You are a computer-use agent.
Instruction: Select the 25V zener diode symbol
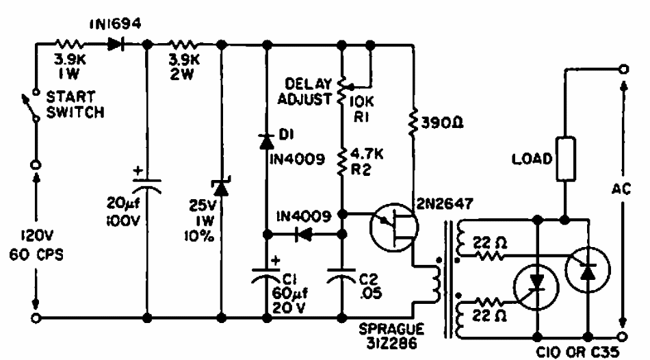click(221, 190)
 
